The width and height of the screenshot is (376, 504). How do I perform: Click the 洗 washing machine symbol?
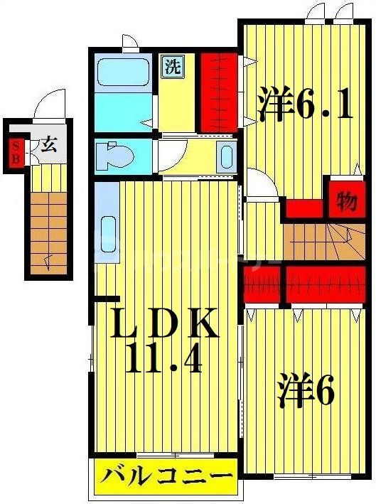(173, 68)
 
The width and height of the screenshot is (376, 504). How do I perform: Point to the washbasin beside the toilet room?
(225, 156)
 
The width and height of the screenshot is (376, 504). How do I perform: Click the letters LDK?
(165, 326)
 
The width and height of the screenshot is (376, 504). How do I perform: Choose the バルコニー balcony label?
(166, 475)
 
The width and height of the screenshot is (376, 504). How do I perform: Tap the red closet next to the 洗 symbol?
(219, 92)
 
